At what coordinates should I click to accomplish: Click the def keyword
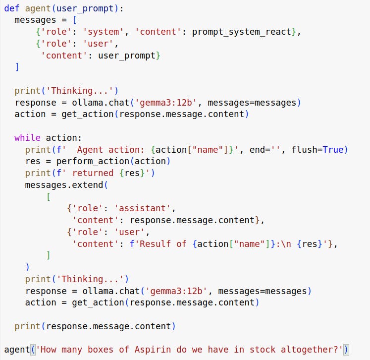pos(12,8)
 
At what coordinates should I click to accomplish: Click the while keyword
pos(28,137)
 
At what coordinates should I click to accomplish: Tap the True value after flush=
pos(333,149)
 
